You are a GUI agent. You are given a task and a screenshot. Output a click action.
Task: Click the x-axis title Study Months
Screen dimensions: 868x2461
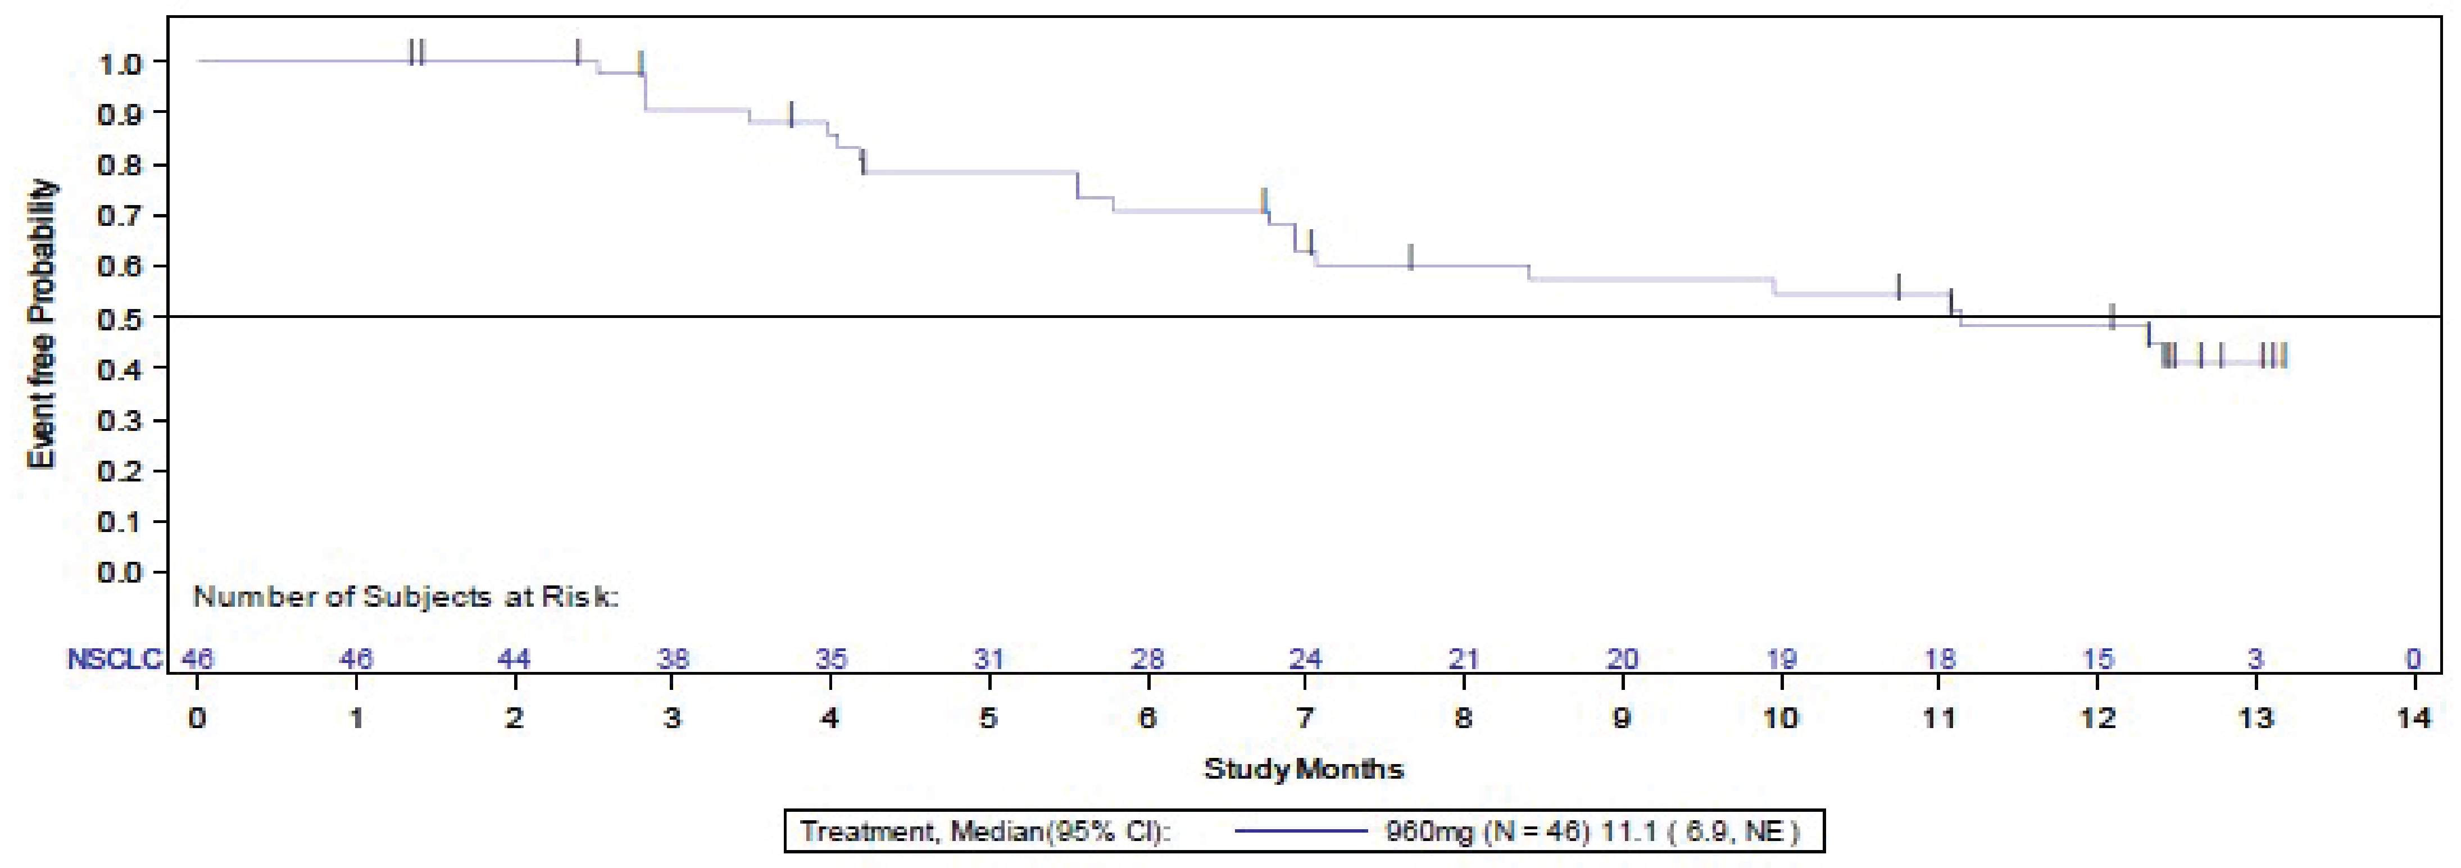tap(1303, 769)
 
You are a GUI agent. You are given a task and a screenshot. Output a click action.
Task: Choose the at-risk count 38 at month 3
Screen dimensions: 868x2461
tap(673, 659)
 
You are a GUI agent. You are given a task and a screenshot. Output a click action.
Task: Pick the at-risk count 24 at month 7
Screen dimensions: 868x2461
tap(1305, 659)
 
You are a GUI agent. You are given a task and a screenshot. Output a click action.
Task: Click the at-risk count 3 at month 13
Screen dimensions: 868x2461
tap(2255, 659)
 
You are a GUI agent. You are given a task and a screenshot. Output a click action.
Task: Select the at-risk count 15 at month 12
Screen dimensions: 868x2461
tap(2098, 659)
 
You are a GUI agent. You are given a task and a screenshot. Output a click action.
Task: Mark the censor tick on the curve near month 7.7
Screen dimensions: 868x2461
tap(1410, 257)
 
